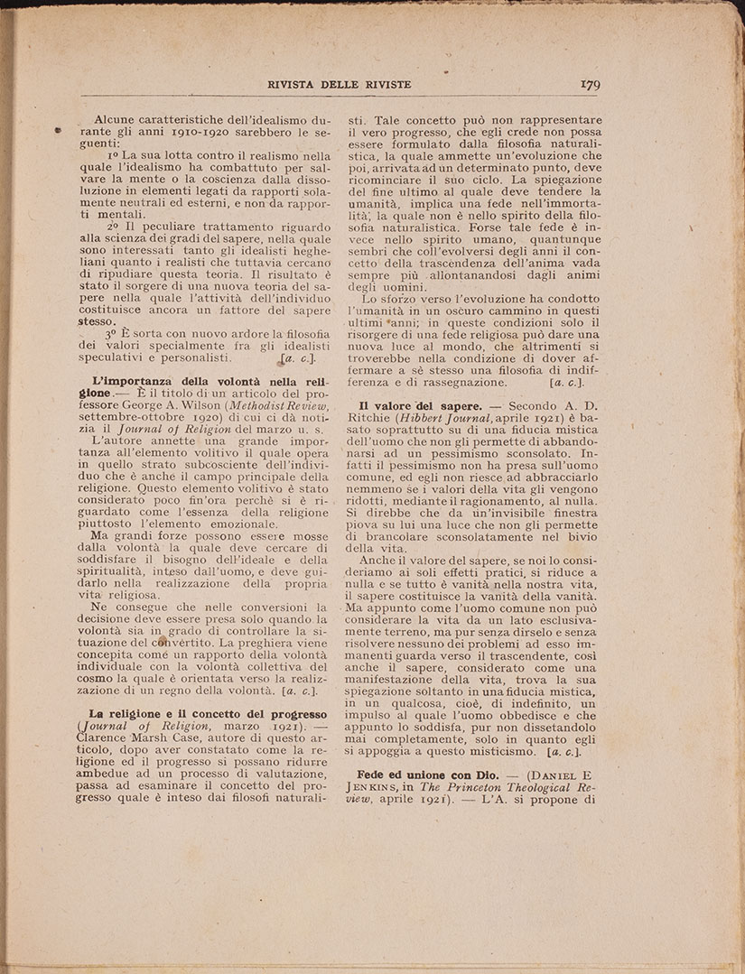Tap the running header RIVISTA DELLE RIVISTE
pos(340,85)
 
